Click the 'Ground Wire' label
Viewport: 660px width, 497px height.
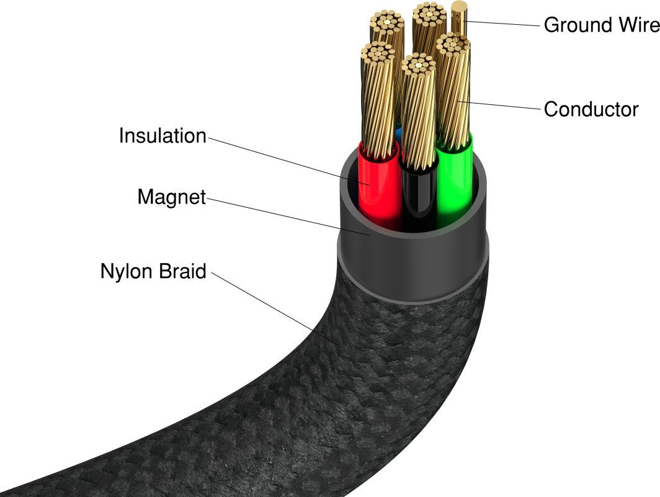point(600,25)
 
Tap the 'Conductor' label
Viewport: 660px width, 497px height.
point(591,109)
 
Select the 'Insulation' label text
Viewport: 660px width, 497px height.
point(162,136)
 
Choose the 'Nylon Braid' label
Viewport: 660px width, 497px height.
point(153,271)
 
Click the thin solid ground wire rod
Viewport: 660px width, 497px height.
point(460,19)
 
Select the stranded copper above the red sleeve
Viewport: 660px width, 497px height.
point(377,99)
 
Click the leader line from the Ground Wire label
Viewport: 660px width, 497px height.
point(502,24)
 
